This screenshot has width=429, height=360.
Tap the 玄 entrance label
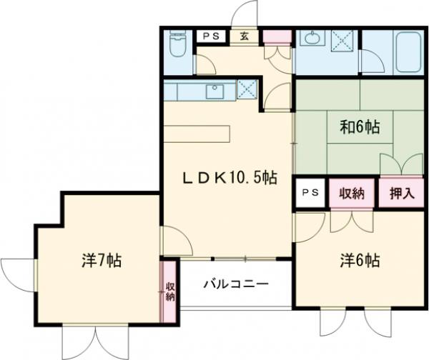pyautogui.click(x=245, y=36)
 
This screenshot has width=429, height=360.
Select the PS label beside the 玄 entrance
pyautogui.click(x=212, y=36)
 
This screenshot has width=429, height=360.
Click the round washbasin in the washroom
pyautogui.click(x=311, y=39)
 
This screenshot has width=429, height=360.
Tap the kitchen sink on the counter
pyautogui.click(x=213, y=91)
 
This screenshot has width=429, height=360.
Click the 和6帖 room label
pyautogui.click(x=359, y=129)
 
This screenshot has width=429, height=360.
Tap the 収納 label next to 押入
pyautogui.click(x=352, y=193)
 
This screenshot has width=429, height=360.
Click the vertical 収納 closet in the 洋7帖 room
pyautogui.click(x=170, y=291)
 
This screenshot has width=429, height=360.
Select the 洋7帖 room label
pyautogui.click(x=101, y=261)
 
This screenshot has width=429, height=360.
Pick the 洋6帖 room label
pyautogui.click(x=359, y=261)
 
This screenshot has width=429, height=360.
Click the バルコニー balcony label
pyautogui.click(x=236, y=284)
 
